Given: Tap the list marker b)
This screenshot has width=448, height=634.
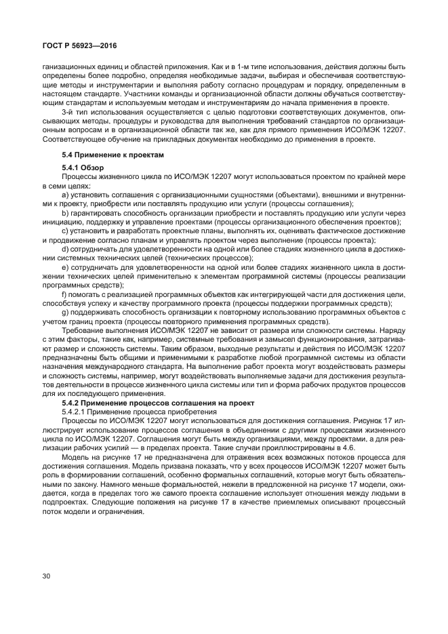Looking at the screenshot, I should coord(65,213).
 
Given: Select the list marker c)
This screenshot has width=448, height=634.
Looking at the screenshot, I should coord(65,231).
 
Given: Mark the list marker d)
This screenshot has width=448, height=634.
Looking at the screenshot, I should coord(65,250).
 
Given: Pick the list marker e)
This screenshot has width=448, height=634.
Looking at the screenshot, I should coord(65,269).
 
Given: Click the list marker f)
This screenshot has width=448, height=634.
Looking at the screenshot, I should coord(64,296).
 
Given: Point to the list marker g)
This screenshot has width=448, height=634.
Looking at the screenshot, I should coord(65,313).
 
